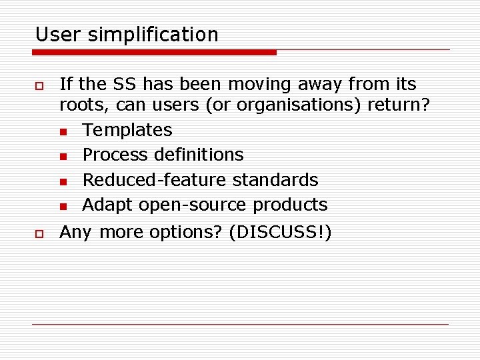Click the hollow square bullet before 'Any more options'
(x=39, y=233)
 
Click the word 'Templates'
(x=127, y=130)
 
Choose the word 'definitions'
(x=199, y=155)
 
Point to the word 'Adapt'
(x=107, y=205)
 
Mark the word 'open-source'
(x=191, y=205)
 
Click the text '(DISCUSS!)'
(x=280, y=233)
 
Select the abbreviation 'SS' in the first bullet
(x=125, y=85)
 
